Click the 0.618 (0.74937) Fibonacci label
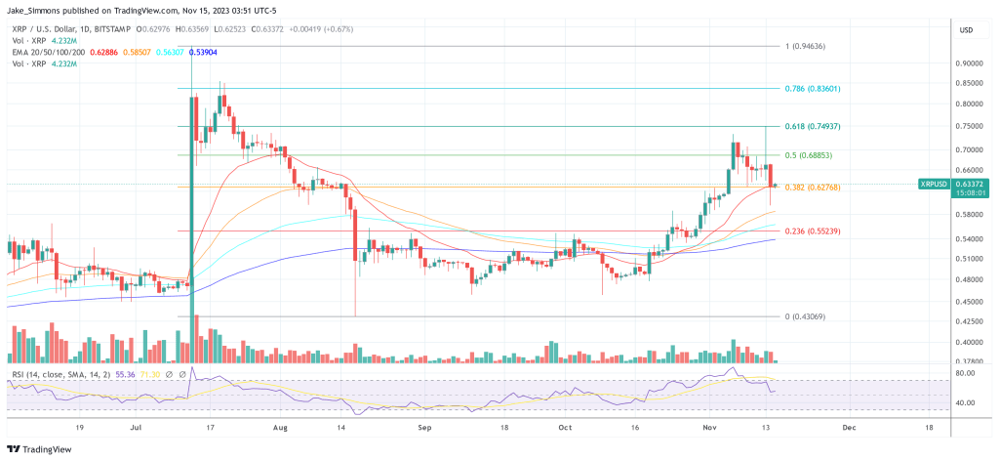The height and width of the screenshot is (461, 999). [x=812, y=126]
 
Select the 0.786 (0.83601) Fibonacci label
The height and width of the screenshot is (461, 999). [x=812, y=88]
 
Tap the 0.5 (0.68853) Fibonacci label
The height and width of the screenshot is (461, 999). [x=809, y=155]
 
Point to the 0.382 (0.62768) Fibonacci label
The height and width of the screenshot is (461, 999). [x=812, y=187]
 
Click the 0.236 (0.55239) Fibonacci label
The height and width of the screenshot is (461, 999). [x=812, y=230]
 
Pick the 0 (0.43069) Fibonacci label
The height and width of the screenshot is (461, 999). [x=806, y=316]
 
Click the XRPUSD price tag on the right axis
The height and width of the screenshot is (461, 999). [x=940, y=183]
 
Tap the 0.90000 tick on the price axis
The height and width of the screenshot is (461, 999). [x=970, y=63]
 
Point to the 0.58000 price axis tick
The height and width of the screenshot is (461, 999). [x=970, y=215]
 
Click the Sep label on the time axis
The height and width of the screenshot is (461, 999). [x=423, y=427]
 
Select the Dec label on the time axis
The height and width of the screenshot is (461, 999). [x=848, y=427]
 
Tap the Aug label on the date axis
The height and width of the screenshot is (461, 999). [x=281, y=427]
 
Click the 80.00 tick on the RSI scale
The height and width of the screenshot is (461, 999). [x=969, y=372]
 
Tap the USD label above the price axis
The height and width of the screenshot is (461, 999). [x=967, y=30]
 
